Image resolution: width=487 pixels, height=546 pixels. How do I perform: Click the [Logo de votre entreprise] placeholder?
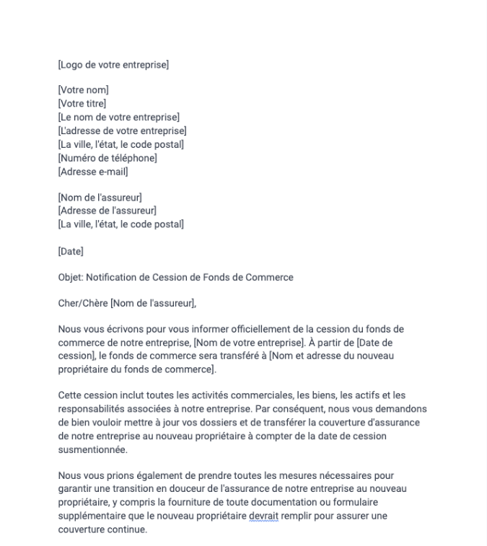[x=113, y=66]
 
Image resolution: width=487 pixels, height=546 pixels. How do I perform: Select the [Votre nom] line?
[x=83, y=90]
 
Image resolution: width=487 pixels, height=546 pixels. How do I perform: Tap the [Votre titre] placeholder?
[x=82, y=104]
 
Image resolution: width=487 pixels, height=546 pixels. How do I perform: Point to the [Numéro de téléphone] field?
[x=108, y=158]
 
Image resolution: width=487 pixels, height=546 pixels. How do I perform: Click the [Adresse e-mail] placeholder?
[x=93, y=172]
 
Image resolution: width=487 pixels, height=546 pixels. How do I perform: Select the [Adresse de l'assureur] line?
[x=108, y=211]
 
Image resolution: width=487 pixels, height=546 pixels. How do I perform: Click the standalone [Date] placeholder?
[x=71, y=251]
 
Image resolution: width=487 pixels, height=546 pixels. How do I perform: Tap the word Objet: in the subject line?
[x=70, y=278]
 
